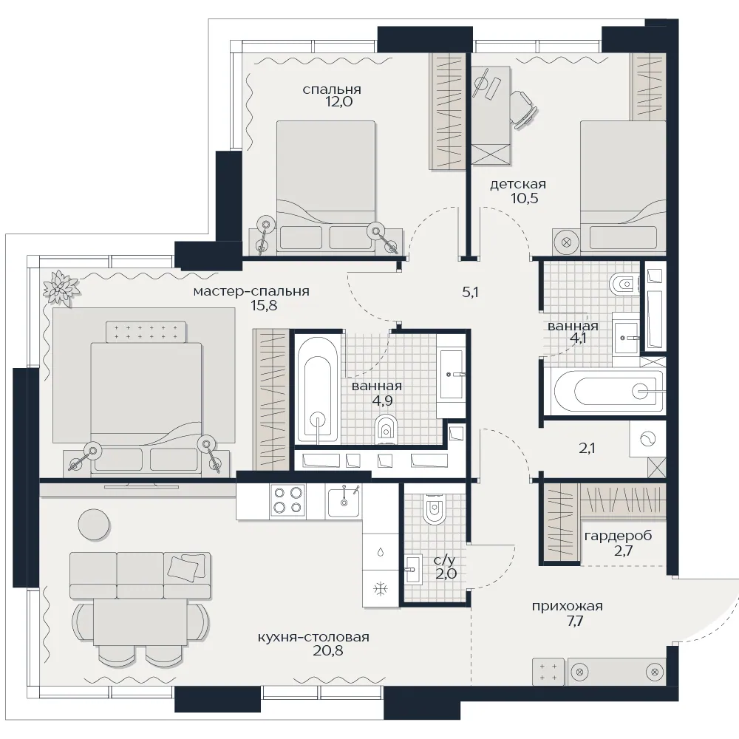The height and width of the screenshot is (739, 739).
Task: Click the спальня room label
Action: click(332, 89)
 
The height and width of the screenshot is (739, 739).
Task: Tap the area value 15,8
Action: click(264, 305)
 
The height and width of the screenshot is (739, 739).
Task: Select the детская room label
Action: click(518, 184)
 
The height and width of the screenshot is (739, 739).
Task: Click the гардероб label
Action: click(618, 536)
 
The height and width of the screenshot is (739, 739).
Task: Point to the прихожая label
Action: click(568, 606)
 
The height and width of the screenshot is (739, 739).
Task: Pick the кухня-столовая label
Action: click(313, 637)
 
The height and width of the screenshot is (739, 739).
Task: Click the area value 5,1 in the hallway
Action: click(470, 292)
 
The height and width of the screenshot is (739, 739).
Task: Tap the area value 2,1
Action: click(587, 448)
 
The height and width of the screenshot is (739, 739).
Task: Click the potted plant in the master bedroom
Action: click(61, 288)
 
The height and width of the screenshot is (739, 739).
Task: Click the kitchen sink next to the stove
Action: click(344, 500)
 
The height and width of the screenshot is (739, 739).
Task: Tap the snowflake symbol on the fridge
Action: click(381, 588)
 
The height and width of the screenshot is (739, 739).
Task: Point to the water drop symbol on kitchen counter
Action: click(381, 552)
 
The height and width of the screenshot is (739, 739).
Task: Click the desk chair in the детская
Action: click(524, 109)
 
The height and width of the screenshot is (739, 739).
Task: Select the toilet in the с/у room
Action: click(434, 509)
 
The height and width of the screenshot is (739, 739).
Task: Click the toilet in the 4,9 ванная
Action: click(386, 429)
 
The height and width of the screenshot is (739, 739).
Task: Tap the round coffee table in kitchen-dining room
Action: click(94, 524)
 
